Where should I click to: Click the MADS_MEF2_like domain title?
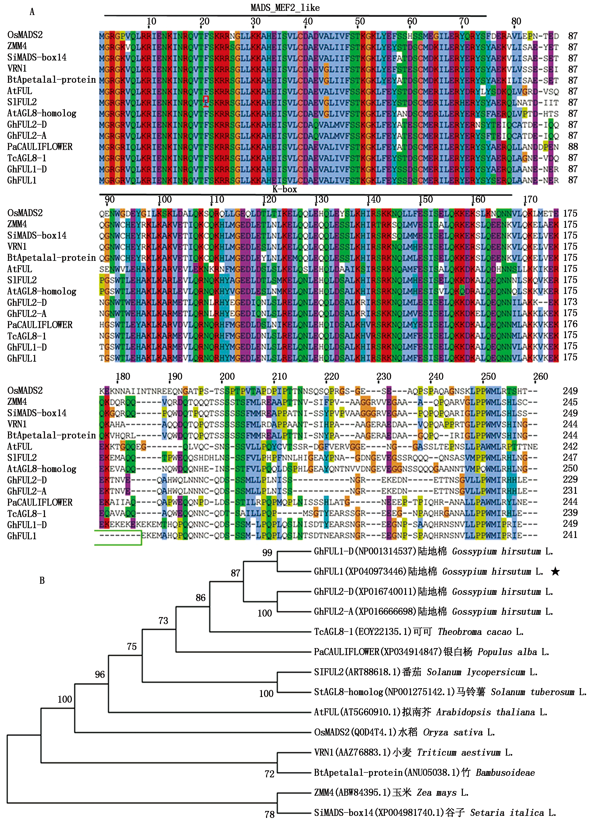[285, 7]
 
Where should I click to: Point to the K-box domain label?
[285, 189]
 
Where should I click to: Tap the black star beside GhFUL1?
[555, 571]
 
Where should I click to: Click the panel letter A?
[32, 12]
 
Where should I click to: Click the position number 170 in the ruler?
[530, 199]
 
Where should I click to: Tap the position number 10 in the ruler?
[151, 21]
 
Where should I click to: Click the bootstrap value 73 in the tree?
[163, 620]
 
